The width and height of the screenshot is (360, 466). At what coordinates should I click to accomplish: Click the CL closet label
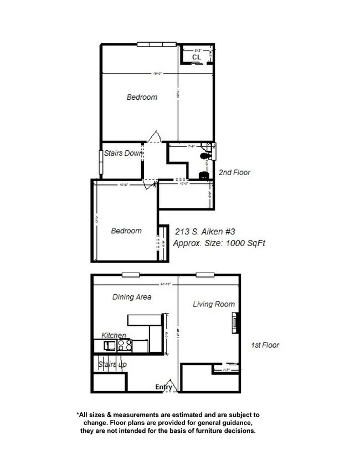click(197, 57)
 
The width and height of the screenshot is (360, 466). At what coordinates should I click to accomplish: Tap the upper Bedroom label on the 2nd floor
click(142, 97)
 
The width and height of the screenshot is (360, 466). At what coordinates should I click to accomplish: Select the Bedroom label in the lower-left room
click(126, 231)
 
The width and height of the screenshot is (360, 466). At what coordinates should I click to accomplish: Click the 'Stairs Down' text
click(124, 153)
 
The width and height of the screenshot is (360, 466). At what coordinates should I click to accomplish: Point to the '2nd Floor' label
click(234, 172)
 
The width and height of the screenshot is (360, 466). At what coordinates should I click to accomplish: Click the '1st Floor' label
click(265, 345)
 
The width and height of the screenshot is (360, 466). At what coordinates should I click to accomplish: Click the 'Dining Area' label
click(132, 297)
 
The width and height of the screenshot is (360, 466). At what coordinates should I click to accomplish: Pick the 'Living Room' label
click(214, 304)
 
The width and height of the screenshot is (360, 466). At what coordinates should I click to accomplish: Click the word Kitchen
click(114, 336)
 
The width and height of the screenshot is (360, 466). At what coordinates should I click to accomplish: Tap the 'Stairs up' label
click(112, 365)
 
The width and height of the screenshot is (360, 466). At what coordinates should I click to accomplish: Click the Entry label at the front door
click(163, 387)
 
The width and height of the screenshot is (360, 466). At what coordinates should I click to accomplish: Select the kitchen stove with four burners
click(125, 345)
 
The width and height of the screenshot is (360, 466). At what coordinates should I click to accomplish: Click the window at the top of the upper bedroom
click(158, 45)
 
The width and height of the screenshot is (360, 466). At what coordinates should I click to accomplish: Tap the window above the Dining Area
click(131, 275)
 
